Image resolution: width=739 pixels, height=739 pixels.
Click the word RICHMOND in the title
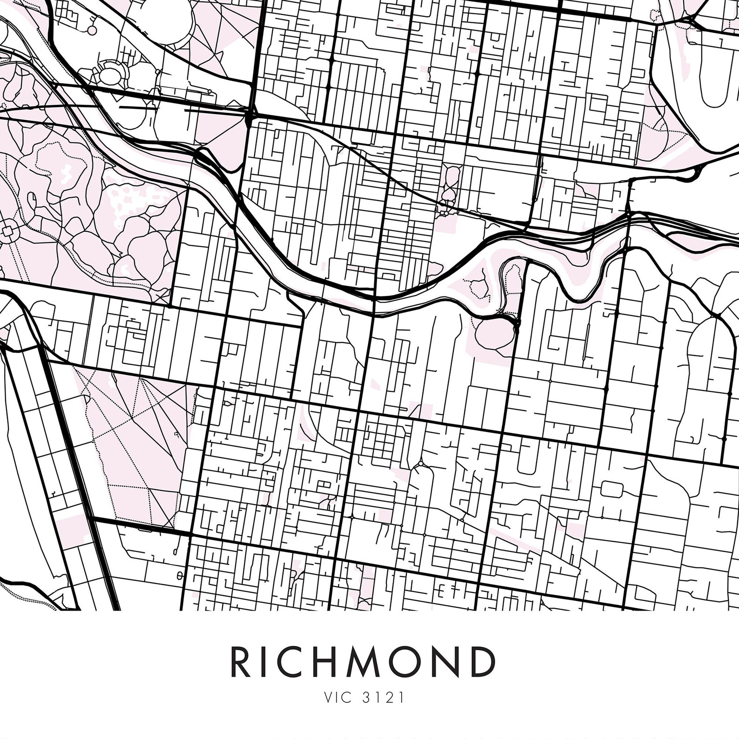pyautogui.click(x=363, y=662)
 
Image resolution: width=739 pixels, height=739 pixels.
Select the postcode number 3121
pyautogui.click(x=383, y=698)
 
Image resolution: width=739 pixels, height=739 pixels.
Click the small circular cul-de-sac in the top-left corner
pyautogui.click(x=92, y=30)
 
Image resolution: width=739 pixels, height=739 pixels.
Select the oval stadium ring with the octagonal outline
pyautogui.click(x=112, y=73)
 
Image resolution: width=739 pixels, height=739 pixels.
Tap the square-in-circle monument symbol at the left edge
pyautogui.click(x=8, y=231)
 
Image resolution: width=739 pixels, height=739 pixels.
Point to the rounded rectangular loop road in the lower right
pyautogui.click(x=612, y=489)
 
